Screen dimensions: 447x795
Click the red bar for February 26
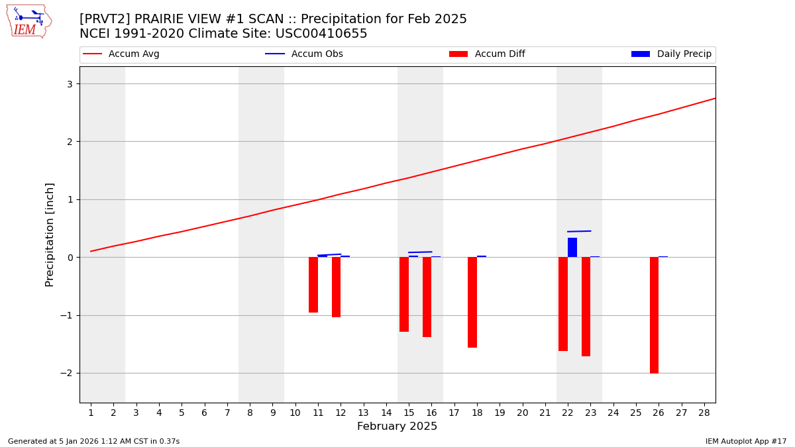pyautogui.click(x=654, y=315)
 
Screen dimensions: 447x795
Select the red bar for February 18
pyautogui.click(x=472, y=302)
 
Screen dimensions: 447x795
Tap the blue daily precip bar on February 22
pyautogui.click(x=572, y=248)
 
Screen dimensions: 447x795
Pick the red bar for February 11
pyautogui.click(x=313, y=285)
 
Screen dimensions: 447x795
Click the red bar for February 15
pyautogui.click(x=404, y=294)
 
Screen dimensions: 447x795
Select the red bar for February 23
pyautogui.click(x=586, y=307)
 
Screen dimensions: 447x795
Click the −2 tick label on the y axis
pyautogui.click(x=66, y=373)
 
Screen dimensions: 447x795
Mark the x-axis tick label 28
pyautogui.click(x=704, y=413)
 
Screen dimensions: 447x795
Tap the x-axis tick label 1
pyautogui.click(x=91, y=413)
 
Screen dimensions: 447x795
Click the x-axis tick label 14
pyautogui.click(x=386, y=413)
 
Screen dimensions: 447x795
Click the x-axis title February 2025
pyautogui.click(x=397, y=427)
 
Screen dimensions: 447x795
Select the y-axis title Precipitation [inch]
pyautogui.click(x=50, y=234)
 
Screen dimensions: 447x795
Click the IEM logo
pyautogui.click(x=28, y=21)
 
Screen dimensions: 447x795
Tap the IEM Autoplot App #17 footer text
pyautogui.click(x=745, y=441)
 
